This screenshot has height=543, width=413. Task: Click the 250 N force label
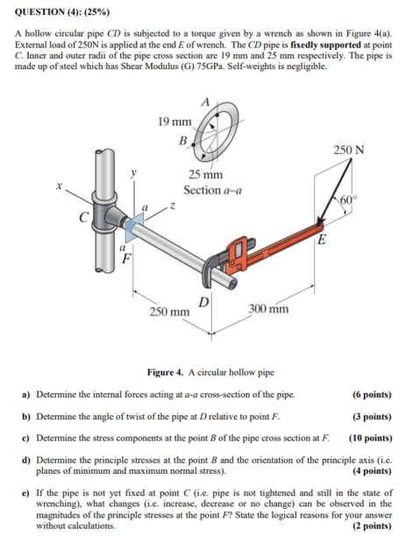coord(349,150)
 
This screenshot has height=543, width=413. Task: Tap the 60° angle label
coord(348,201)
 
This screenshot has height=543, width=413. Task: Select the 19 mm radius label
coord(174,122)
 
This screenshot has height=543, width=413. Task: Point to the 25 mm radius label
coord(206,174)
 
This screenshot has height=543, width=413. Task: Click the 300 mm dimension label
coord(268,308)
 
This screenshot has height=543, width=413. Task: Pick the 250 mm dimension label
coord(169,312)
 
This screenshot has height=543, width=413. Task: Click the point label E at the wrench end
coord(322,239)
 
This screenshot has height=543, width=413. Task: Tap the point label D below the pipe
coord(204,302)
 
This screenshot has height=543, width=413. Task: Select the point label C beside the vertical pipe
coord(83,217)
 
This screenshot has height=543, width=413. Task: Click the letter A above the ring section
coord(206,102)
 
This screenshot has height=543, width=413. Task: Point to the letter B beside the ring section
coord(183,141)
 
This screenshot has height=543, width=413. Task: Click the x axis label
coord(60,187)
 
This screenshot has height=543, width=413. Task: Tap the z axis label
coord(171,207)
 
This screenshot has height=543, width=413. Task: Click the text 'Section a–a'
coord(212,190)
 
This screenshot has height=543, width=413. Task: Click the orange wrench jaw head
coord(238,251)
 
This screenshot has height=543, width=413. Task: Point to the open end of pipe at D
coord(231,284)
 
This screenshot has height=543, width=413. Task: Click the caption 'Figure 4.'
coord(165,372)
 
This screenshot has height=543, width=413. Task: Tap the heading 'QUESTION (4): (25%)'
coord(62,12)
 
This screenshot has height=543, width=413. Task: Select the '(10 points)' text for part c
coord(371,438)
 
